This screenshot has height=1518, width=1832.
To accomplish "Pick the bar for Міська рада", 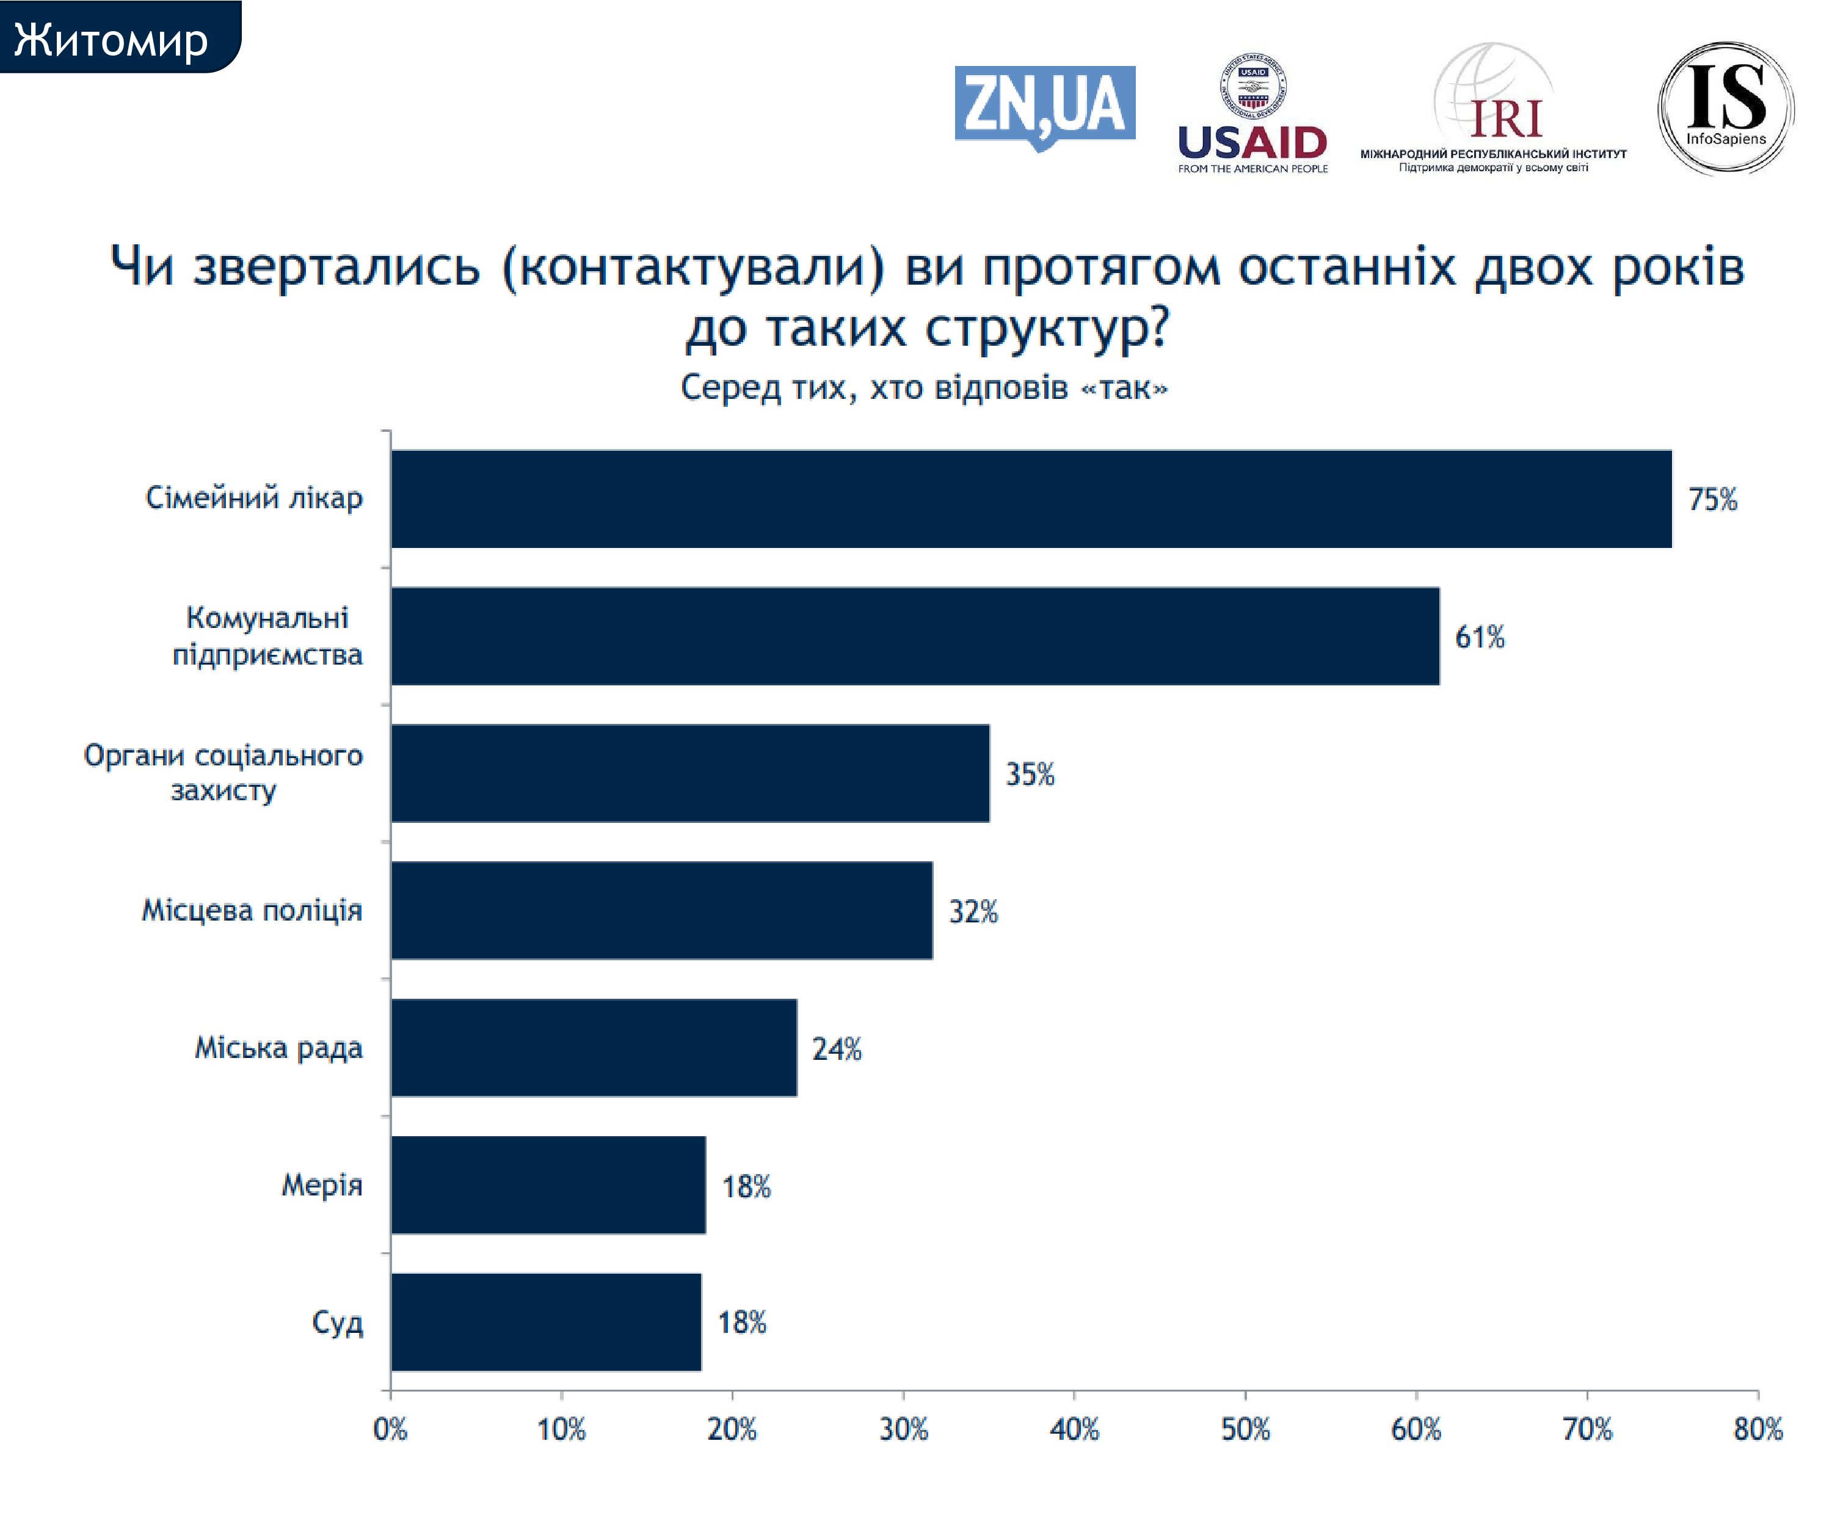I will click(x=593, y=1048).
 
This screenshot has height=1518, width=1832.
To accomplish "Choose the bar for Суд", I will click(x=546, y=1323).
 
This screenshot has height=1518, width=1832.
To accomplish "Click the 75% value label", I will click(x=1712, y=500).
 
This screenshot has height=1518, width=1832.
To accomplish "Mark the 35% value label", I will click(x=1030, y=775).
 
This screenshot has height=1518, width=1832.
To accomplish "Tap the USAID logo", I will click(x=1252, y=114).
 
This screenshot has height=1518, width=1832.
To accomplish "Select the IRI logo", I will click(x=1494, y=109).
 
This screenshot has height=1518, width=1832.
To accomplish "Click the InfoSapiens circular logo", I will click(x=1726, y=108).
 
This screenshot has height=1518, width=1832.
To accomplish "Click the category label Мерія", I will click(x=321, y=1184).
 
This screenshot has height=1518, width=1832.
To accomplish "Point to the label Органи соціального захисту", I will click(x=224, y=772).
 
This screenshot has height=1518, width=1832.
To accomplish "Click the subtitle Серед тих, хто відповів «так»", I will click(x=924, y=387).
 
